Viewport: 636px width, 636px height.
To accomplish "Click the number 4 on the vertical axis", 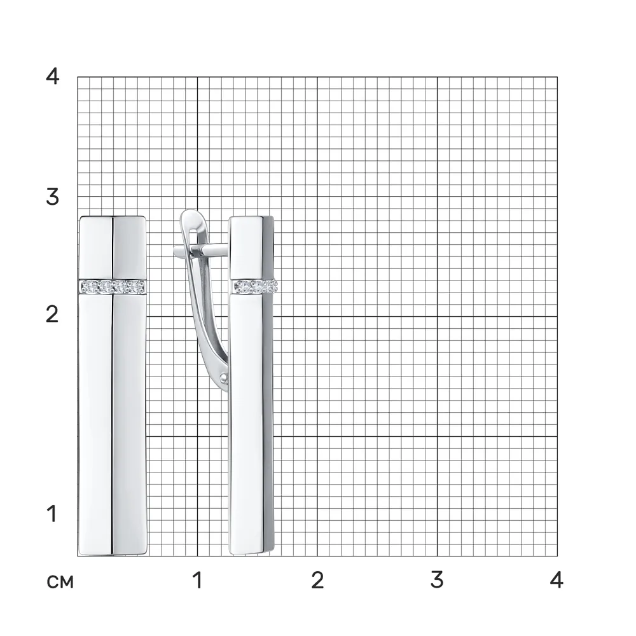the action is (x=52, y=76).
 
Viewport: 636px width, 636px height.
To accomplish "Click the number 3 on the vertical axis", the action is (x=52, y=197).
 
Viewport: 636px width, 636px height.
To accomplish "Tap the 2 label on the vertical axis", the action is (x=52, y=314).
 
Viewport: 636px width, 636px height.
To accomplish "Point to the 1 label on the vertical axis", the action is (x=52, y=514).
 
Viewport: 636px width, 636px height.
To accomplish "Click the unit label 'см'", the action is (x=60, y=582).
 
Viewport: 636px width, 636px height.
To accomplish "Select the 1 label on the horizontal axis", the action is (x=198, y=581).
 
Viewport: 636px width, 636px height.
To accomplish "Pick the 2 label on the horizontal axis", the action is (x=317, y=581).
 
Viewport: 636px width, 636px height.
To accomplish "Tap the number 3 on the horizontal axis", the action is (x=437, y=581).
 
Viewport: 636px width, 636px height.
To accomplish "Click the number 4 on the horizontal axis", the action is (x=557, y=581).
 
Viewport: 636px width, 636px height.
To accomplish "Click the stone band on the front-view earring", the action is (x=113, y=287).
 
